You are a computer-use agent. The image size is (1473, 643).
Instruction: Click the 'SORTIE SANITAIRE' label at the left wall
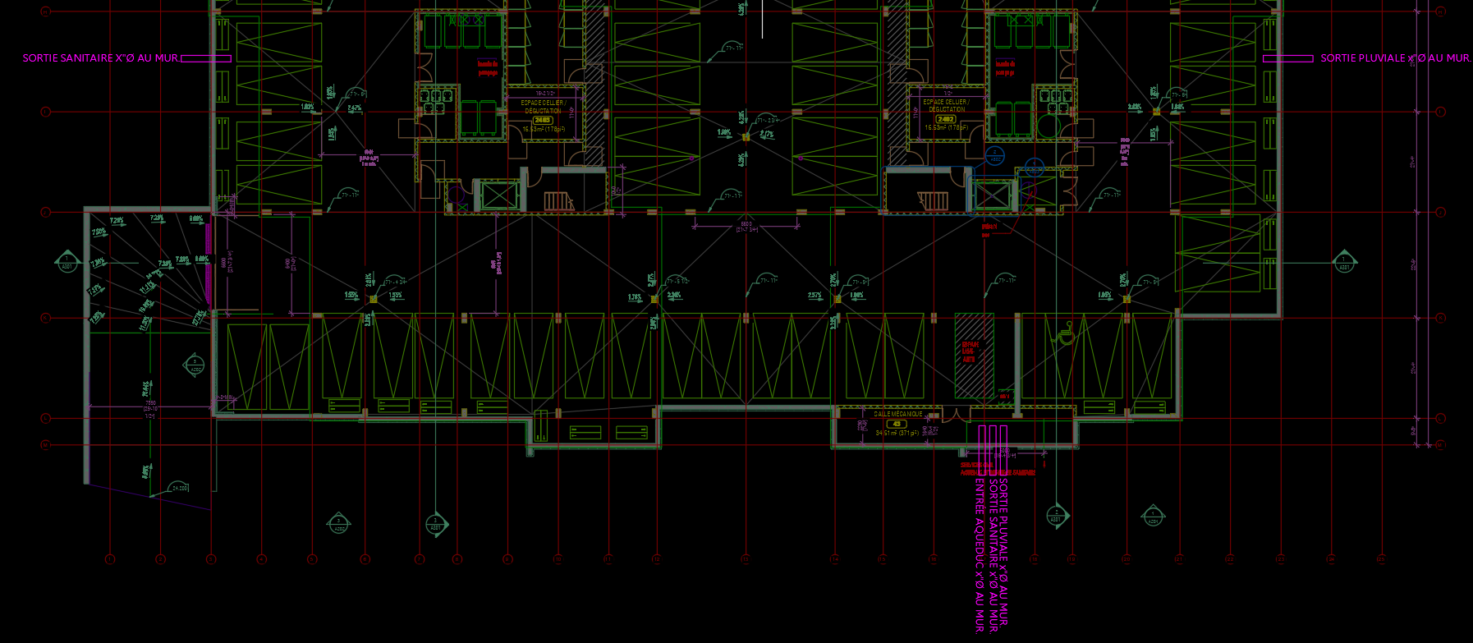tap(99, 58)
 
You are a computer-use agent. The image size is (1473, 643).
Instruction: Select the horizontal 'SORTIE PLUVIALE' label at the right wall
tap(1394, 58)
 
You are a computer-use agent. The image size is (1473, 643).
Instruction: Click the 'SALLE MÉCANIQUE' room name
tap(897, 415)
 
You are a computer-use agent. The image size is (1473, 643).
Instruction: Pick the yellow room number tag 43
tap(897, 424)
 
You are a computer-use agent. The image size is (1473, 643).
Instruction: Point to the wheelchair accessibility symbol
tap(1066, 334)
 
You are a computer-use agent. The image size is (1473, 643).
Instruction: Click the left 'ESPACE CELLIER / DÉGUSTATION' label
tap(543, 106)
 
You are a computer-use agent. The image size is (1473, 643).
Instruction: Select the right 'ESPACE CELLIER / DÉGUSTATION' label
tap(946, 105)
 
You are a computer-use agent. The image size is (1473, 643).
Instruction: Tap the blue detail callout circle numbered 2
tap(994, 154)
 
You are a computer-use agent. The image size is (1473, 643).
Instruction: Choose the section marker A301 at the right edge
tap(1344, 263)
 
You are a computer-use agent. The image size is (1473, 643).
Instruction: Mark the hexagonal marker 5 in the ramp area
tap(195, 364)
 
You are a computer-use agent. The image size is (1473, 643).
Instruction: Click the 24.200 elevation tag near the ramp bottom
tap(179, 488)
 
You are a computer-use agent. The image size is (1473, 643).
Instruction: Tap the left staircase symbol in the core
tap(558, 200)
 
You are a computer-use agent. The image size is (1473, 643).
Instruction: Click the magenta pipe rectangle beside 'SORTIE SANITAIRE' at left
tap(205, 58)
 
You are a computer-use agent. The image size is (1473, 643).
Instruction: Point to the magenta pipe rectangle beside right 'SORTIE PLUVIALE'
tap(1287, 58)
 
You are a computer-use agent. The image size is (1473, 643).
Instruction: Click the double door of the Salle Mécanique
tap(950, 416)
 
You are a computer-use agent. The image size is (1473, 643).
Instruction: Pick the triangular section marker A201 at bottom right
tap(1153, 516)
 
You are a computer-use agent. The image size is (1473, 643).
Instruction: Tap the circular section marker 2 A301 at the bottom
tap(436, 524)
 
